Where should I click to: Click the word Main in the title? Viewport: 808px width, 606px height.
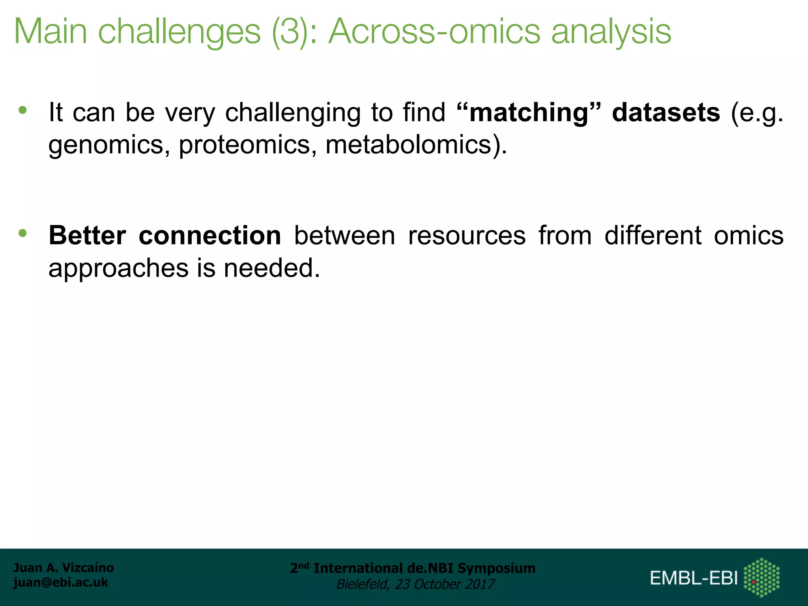tap(50, 32)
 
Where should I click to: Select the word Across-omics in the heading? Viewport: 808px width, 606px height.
tap(434, 32)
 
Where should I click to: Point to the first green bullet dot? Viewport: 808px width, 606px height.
tap(22, 110)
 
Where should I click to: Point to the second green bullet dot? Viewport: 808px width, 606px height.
tap(22, 233)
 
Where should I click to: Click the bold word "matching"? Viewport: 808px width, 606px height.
tap(529, 113)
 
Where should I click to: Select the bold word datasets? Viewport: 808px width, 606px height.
tap(666, 113)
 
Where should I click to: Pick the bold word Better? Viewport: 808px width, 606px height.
tap(87, 236)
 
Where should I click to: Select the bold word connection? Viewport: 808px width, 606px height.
tap(210, 236)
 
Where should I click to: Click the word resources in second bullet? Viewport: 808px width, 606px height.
tap(467, 236)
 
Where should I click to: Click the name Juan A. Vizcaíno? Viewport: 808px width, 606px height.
tap(63, 568)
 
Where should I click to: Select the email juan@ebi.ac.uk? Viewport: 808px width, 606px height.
tap(60, 582)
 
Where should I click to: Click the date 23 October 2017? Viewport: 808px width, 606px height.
tap(445, 584)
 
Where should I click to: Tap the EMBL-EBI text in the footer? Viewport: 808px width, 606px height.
tap(694, 578)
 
